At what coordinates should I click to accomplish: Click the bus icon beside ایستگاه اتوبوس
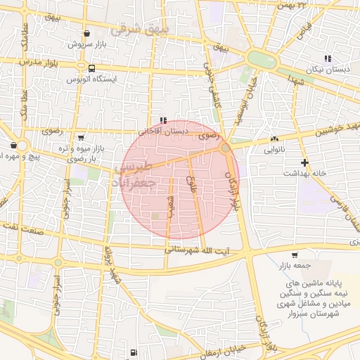tap(92, 68)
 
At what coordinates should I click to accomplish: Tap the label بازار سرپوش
tap(85, 44)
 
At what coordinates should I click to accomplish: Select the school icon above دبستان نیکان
tap(327, 58)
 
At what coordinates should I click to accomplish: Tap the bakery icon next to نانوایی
tap(274, 139)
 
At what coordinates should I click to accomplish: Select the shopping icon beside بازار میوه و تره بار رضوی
tap(80, 138)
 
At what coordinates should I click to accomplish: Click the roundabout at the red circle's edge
tap(225, 148)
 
